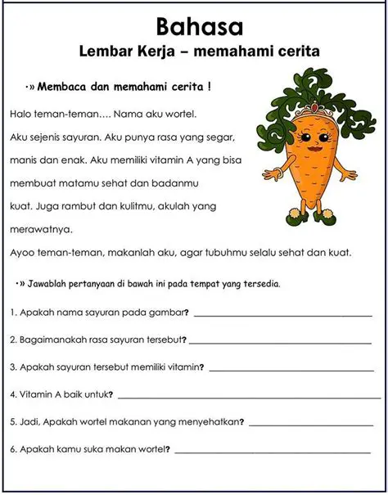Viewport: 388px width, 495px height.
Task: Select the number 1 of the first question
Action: [x=13, y=312]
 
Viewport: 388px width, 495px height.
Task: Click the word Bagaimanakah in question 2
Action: [x=53, y=340]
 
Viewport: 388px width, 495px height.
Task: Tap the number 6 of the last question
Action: [x=13, y=449]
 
